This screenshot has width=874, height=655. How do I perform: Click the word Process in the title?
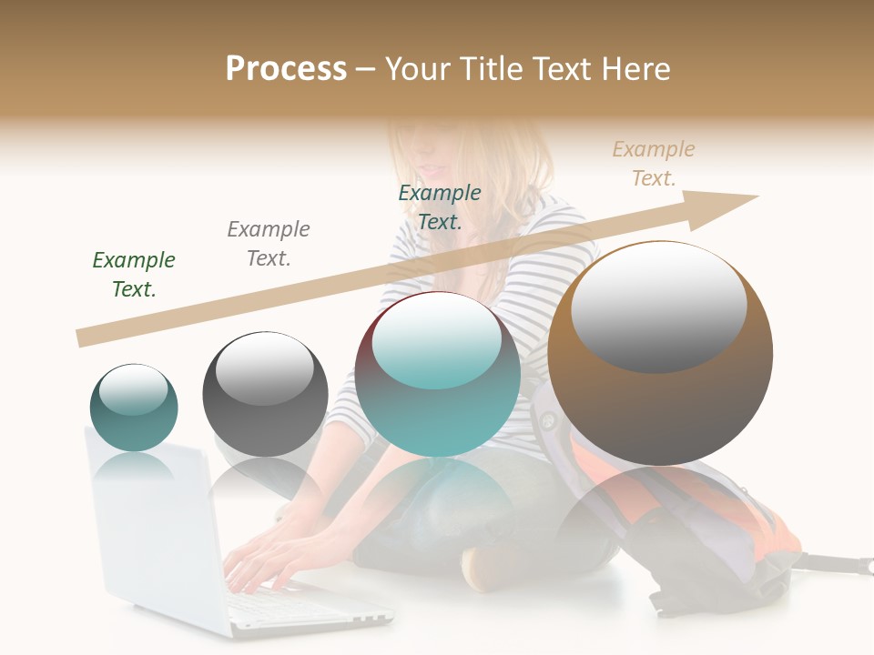pos(286,69)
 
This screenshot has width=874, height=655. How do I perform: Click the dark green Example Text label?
pos(134,274)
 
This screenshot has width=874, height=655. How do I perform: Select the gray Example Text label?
pos(269,243)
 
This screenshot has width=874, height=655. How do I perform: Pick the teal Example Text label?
pos(440,207)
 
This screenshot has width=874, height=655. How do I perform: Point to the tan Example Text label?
pos(654,164)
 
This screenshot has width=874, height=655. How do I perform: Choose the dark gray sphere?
pos(265,394)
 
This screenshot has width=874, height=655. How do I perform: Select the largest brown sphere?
pos(660,355)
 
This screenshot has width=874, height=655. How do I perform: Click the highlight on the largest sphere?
pos(659,306)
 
